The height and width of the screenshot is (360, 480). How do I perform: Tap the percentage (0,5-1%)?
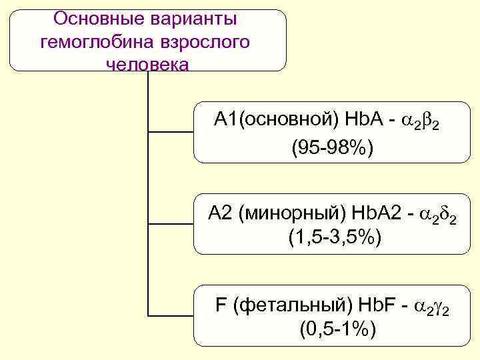point(333,327)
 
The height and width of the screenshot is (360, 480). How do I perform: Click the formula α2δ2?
point(438,215)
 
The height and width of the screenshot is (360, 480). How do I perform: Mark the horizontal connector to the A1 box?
point(170,132)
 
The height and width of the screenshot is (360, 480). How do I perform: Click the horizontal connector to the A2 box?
point(170,224)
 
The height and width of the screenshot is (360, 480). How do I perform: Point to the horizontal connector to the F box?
point(170,316)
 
